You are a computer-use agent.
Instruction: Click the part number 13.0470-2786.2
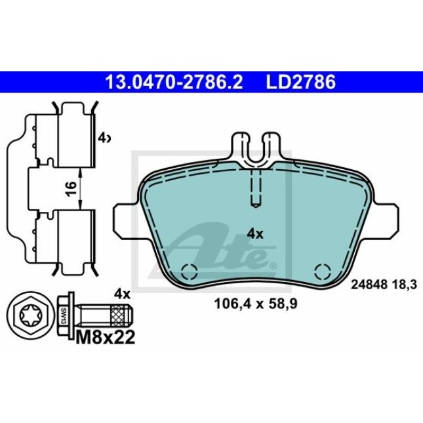[174, 82]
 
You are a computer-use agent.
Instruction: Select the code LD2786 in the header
[300, 82]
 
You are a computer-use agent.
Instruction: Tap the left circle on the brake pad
[190, 271]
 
